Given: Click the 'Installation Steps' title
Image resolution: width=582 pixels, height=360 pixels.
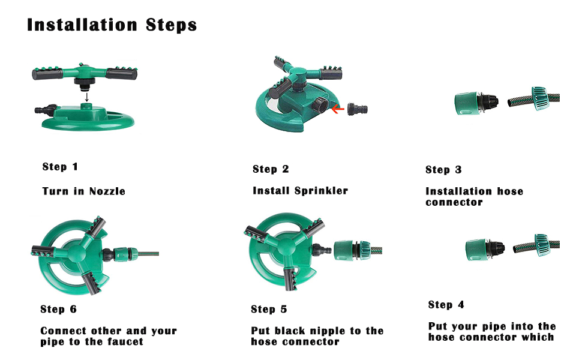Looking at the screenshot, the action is tap(112, 25).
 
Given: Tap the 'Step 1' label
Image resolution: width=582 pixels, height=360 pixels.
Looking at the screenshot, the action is tap(60, 167).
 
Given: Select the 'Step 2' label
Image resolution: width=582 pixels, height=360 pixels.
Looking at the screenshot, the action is tap(271, 169).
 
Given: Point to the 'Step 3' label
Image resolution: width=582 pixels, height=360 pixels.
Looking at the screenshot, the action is tap(443, 170).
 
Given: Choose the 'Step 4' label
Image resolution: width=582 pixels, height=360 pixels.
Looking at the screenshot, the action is tap(446, 305).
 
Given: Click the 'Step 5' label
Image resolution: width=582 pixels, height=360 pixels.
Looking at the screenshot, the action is tap(269, 309).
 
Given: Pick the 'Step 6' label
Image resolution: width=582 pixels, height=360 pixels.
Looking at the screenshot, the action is tap(58, 309).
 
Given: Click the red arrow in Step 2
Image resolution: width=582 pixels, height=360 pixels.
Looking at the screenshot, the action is tap(337, 109).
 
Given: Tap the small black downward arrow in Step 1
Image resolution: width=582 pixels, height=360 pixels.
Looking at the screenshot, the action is tap(86, 97).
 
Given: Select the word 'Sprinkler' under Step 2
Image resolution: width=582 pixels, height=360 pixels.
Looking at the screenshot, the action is tap(322, 191).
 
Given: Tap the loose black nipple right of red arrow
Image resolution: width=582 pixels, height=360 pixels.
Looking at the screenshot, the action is tap(358, 109).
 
